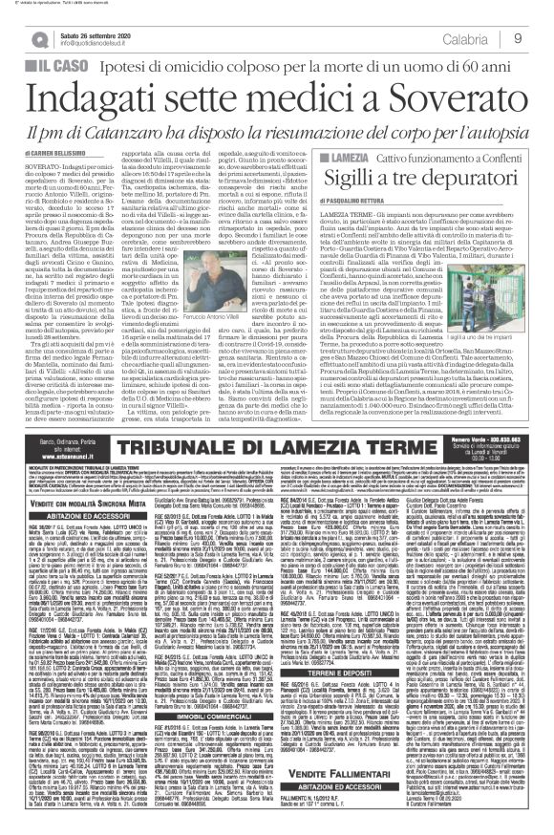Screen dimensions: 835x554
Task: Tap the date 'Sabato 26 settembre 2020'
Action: [95, 34]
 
